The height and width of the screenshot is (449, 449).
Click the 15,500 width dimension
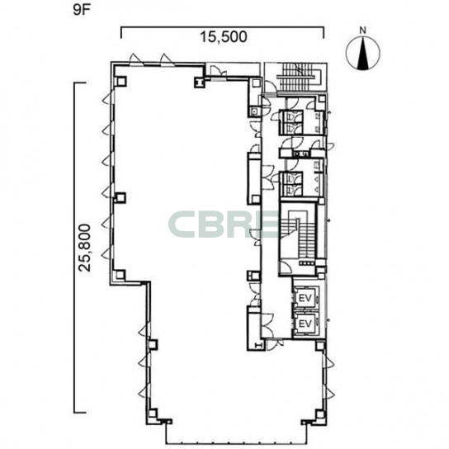224,37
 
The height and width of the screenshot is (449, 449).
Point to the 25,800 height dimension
85,248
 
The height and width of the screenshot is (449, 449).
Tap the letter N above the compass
363,31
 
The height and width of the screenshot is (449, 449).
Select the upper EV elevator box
305,299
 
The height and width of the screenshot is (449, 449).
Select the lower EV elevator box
305,324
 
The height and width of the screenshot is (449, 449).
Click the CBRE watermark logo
224,224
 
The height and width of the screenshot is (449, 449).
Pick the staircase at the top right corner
299,77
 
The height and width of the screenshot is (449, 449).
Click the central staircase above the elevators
299,238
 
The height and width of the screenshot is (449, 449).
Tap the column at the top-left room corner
121,82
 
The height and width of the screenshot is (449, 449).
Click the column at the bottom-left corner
153,414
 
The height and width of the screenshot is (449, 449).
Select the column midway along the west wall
121,197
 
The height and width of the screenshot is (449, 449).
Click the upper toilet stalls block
291,122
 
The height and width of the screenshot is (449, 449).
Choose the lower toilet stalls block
291,184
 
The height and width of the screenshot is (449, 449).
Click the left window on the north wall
135,59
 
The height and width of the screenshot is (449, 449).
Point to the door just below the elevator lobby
273,344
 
